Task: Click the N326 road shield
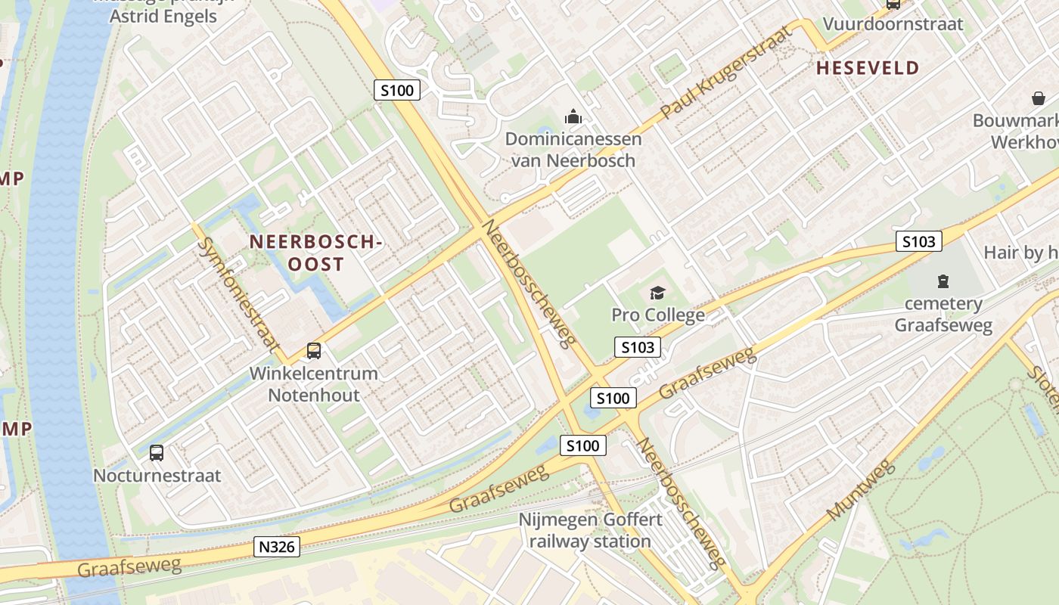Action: pos(277,547)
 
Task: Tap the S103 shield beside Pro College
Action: pos(637,347)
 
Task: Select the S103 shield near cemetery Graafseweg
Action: pos(919,242)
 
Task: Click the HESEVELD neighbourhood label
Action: pos(868,68)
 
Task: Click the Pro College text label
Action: pos(658,315)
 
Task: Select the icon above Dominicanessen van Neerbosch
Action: pos(573,117)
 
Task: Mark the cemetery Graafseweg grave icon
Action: pos(943,281)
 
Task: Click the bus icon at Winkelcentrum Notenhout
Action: pos(313,351)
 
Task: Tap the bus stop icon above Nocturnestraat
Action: pos(157,453)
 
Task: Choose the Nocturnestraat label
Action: pos(157,476)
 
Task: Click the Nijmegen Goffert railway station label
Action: pos(590,531)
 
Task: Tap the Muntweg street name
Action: pos(861,490)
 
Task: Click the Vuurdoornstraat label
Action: pos(893,23)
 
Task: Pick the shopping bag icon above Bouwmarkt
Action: pos(1038,98)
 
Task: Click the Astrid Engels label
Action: pos(163,16)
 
